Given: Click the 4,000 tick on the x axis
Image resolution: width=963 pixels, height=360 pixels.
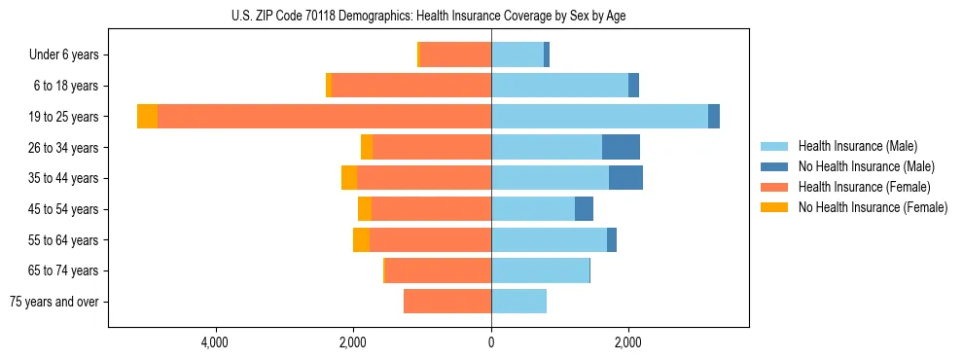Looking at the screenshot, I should pyautogui.click(x=214, y=342).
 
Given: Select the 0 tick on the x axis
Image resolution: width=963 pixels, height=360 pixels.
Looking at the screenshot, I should pyautogui.click(x=491, y=342).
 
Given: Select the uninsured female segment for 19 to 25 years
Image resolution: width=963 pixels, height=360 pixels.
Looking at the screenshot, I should pyautogui.click(x=147, y=117).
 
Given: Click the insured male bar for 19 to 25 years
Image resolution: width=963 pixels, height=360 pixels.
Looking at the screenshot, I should pyautogui.click(x=599, y=117).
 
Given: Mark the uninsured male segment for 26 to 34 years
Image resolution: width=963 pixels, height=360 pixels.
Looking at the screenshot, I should pyautogui.click(x=621, y=147).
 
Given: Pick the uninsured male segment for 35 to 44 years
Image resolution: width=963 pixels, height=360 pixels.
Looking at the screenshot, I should pyautogui.click(x=625, y=178).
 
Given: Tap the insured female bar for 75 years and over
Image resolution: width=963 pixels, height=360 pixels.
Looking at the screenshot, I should pyautogui.click(x=447, y=302).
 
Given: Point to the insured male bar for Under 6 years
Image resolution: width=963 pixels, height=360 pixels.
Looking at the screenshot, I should pyautogui.click(x=517, y=55).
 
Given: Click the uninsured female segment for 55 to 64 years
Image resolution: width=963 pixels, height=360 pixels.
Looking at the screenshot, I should pyautogui.click(x=361, y=240).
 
